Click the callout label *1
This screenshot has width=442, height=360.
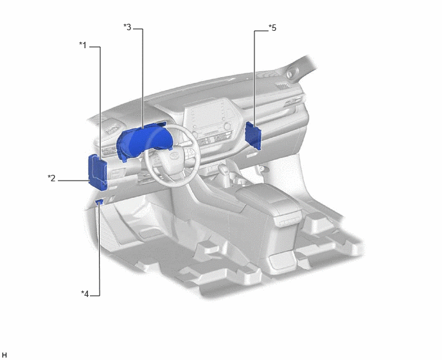point(83,45)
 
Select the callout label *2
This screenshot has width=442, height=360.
point(51,178)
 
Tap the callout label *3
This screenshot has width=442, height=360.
point(127,28)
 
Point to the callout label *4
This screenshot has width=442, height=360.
point(85,294)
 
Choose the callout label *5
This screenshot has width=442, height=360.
point(272,28)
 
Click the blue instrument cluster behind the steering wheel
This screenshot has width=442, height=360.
point(143,141)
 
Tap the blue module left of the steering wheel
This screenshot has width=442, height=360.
point(98,172)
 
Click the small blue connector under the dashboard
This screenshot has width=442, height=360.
point(99,202)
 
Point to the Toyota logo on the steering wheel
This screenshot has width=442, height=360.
point(173,156)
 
